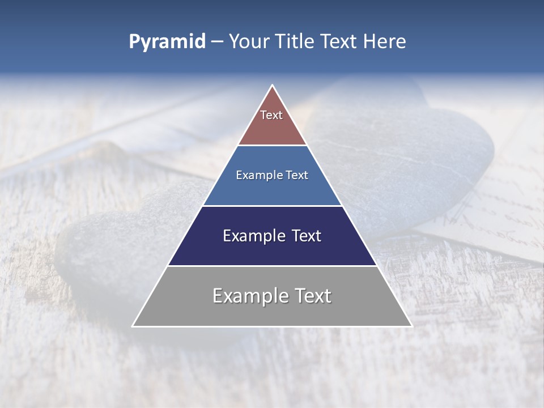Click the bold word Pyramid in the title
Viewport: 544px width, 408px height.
tap(167, 42)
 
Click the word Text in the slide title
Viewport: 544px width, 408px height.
tap(339, 42)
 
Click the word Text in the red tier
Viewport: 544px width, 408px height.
tap(271, 115)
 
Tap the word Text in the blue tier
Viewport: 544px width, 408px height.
tap(297, 176)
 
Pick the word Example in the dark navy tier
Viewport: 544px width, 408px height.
tap(252, 236)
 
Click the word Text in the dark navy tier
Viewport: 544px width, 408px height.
tap(307, 236)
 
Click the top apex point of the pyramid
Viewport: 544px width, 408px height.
tap(272, 86)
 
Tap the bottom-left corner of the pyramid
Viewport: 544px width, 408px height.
tap(133, 326)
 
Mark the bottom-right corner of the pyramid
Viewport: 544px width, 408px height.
tap(411, 326)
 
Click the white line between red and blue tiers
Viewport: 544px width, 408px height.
tap(272, 146)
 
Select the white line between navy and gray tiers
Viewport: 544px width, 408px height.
tap(272, 266)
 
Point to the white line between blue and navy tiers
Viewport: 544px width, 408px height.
tap(272, 206)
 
